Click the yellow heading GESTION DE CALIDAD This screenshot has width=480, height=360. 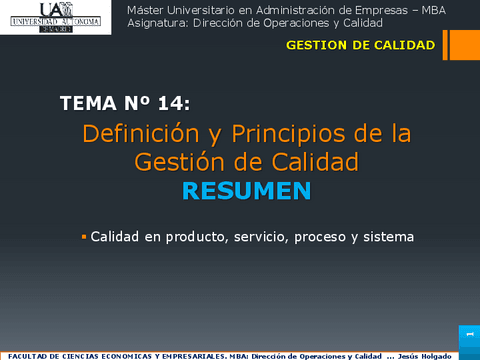pos(360,45)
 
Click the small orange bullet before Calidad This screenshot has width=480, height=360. pos(84,237)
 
